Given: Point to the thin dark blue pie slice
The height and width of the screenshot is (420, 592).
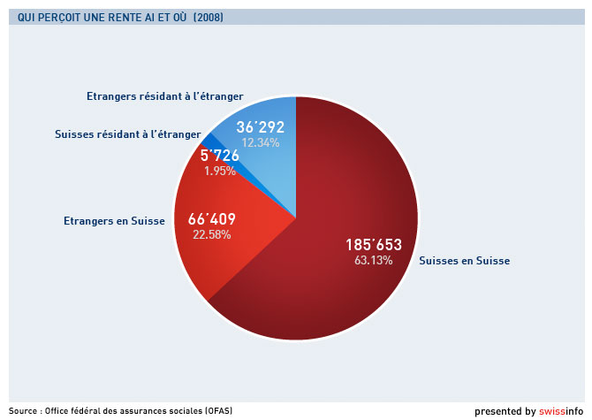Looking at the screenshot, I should (205, 140).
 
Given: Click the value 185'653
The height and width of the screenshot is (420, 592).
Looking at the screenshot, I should (368, 243).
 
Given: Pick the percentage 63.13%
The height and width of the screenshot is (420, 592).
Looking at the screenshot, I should (369, 260).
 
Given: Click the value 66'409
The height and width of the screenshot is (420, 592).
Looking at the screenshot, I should (212, 218).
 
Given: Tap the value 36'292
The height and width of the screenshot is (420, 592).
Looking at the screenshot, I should (261, 126).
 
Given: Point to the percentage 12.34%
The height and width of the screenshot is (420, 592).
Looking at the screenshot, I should (261, 142).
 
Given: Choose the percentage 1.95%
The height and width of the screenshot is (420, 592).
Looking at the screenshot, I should (220, 171).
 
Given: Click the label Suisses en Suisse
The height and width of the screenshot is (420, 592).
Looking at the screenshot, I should (464, 261).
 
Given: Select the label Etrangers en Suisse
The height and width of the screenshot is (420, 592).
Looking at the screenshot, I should (114, 220).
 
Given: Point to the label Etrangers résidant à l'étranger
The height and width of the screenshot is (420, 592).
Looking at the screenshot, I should (164, 95).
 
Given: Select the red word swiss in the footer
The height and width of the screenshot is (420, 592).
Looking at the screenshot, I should (552, 411).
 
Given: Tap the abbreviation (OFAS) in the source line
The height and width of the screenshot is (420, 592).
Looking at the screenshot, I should (214, 410).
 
